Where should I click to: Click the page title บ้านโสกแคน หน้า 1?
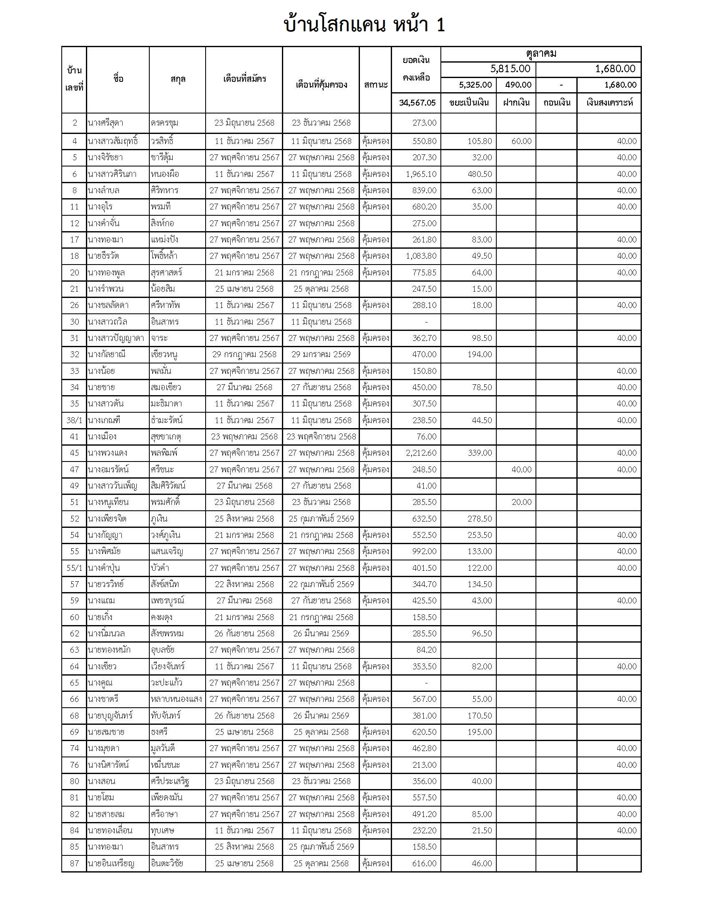pos(364,25)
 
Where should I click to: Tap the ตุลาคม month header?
pos(541,53)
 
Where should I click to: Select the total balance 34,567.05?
pos(417,103)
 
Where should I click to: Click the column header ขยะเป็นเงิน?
pos(469,103)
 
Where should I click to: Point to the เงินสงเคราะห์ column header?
pos(609,103)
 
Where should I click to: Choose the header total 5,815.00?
pos(510,69)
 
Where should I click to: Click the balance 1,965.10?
pos(421,174)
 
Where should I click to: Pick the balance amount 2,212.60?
pos(421,453)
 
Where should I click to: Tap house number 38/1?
pos(74,420)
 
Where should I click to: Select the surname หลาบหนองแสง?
pos(176,699)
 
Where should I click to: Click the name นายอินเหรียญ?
pos(111,863)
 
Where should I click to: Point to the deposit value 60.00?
pos(521,141)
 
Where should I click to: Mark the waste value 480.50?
pos(480,174)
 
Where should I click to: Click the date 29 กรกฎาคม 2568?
pos(244,354)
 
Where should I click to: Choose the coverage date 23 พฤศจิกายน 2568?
pos(321,436)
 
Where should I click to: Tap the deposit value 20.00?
pos(521,502)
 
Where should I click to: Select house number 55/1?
pos(74,568)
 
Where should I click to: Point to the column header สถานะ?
pos(375,84)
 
